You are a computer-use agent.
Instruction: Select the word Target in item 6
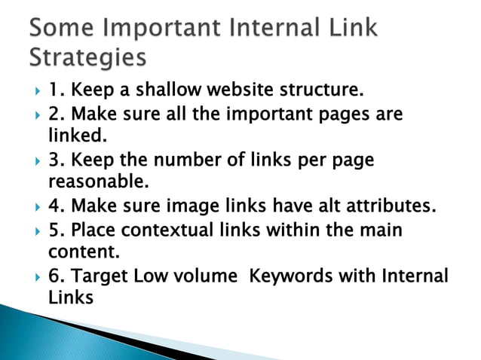(98, 276)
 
